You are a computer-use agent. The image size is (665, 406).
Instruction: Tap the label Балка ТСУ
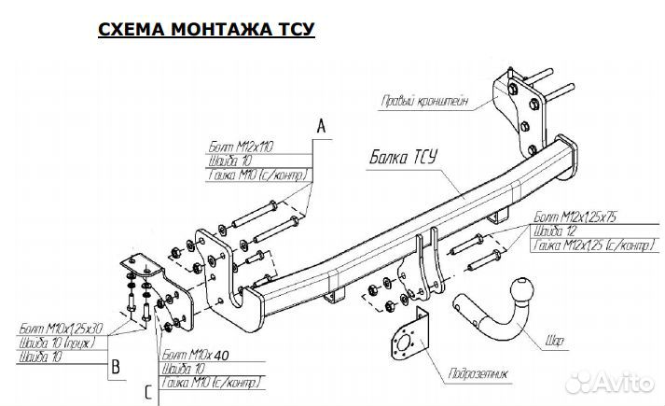pos(397,155)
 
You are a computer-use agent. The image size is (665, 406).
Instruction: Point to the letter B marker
pos(116,367)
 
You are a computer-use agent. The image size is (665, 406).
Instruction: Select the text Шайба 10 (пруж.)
pos(59,343)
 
